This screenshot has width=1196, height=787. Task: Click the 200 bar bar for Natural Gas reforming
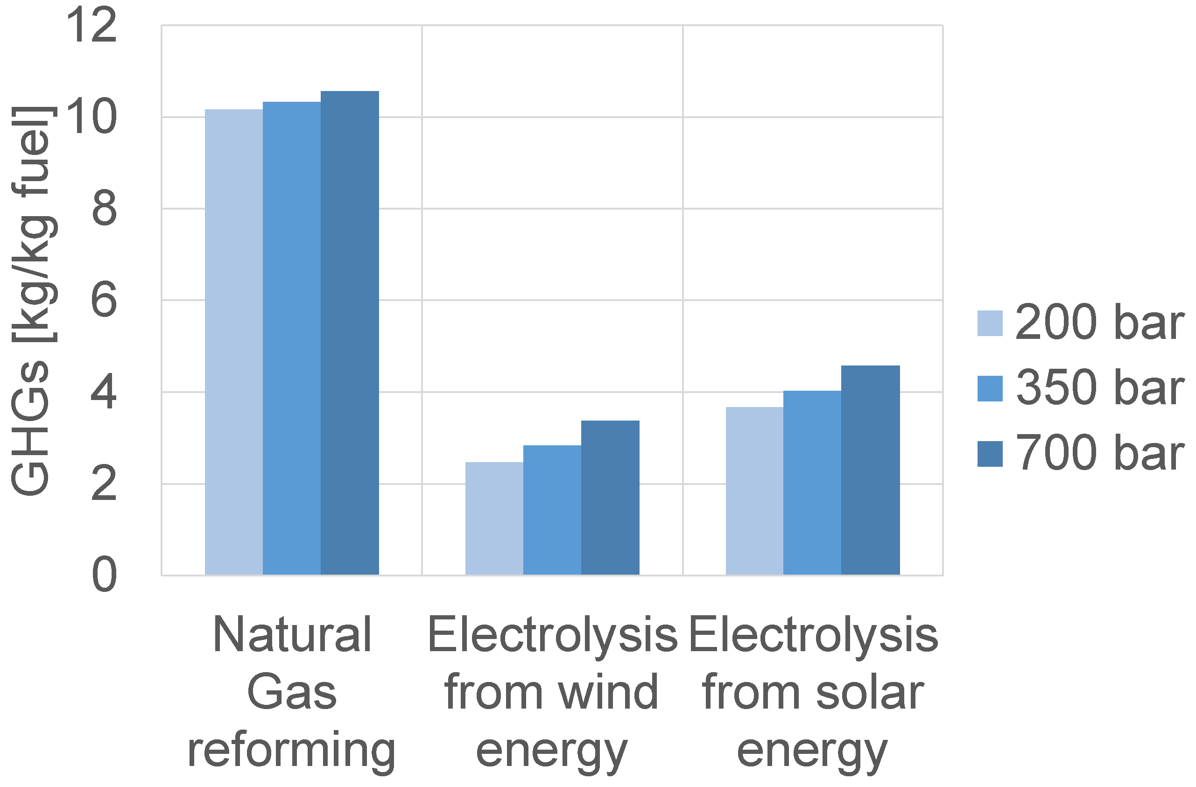click(x=234, y=342)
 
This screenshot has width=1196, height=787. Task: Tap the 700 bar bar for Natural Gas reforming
click(x=350, y=333)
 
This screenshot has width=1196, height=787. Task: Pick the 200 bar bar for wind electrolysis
click(x=494, y=518)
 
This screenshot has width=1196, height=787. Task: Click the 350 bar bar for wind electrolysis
click(x=552, y=510)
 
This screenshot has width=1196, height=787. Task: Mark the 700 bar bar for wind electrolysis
click(x=610, y=498)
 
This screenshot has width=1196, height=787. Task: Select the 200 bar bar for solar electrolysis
click(x=754, y=491)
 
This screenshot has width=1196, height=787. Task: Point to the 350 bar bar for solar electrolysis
click(x=812, y=483)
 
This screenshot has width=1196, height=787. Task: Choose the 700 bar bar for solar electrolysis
click(x=870, y=470)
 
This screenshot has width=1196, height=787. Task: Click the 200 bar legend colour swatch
click(x=990, y=323)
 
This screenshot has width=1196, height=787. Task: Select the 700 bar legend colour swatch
click(x=990, y=454)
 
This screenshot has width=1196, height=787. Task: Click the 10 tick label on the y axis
click(x=91, y=117)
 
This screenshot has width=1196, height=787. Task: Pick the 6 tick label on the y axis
click(x=104, y=300)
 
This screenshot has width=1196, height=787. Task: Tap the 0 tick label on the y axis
click(x=104, y=575)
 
